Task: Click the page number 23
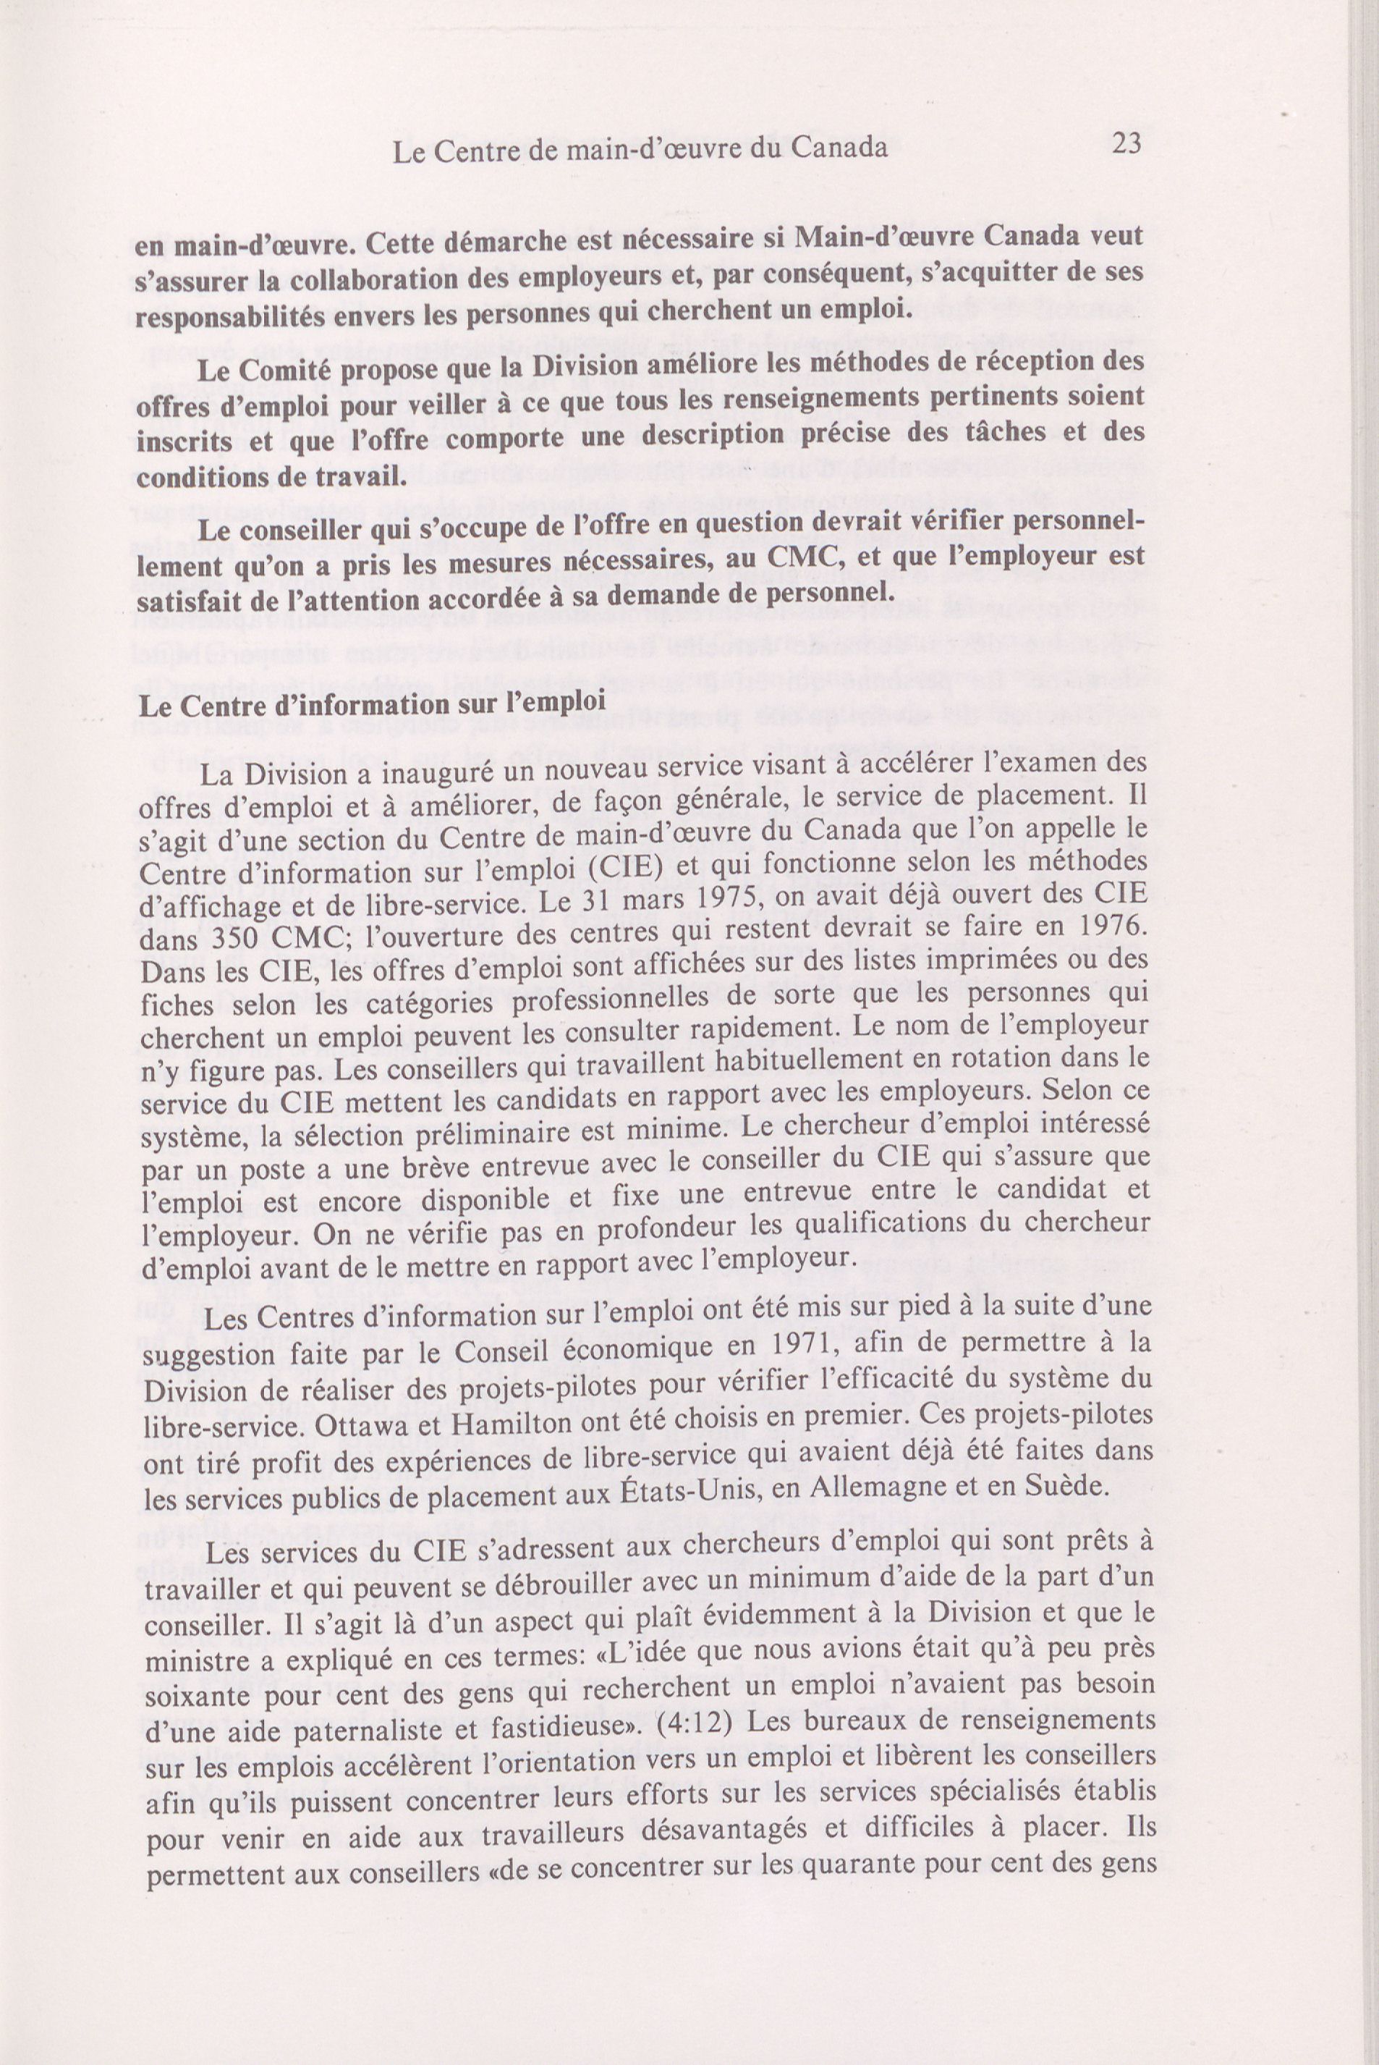1126,143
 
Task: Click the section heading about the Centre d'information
371,705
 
